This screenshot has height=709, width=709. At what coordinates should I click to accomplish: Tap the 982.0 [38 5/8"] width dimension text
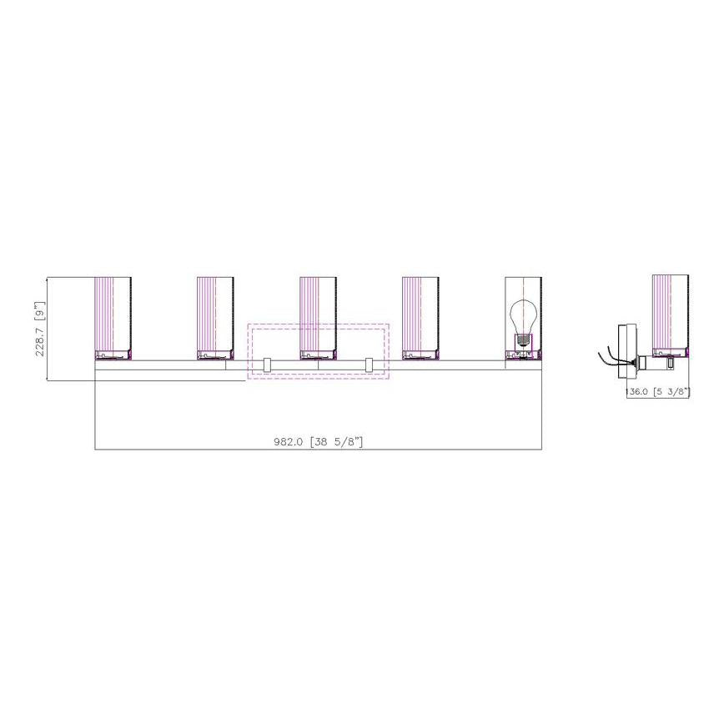pyautogui.click(x=319, y=441)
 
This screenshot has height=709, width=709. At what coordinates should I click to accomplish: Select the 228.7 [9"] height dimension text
pyautogui.click(x=38, y=329)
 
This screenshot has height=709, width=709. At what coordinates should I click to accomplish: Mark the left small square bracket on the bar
pyautogui.click(x=267, y=365)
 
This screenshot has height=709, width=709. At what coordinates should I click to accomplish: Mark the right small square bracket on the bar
pyautogui.click(x=370, y=365)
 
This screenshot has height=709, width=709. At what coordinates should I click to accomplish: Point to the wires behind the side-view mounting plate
pyautogui.click(x=609, y=357)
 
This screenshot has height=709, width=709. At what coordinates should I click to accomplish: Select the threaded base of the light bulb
pyautogui.click(x=523, y=339)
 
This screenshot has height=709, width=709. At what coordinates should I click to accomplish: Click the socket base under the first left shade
pyautogui.click(x=113, y=355)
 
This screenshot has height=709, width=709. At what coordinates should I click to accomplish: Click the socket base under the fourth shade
pyautogui.click(x=420, y=355)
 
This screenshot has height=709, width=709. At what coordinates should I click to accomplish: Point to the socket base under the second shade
pyautogui.click(x=215, y=355)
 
